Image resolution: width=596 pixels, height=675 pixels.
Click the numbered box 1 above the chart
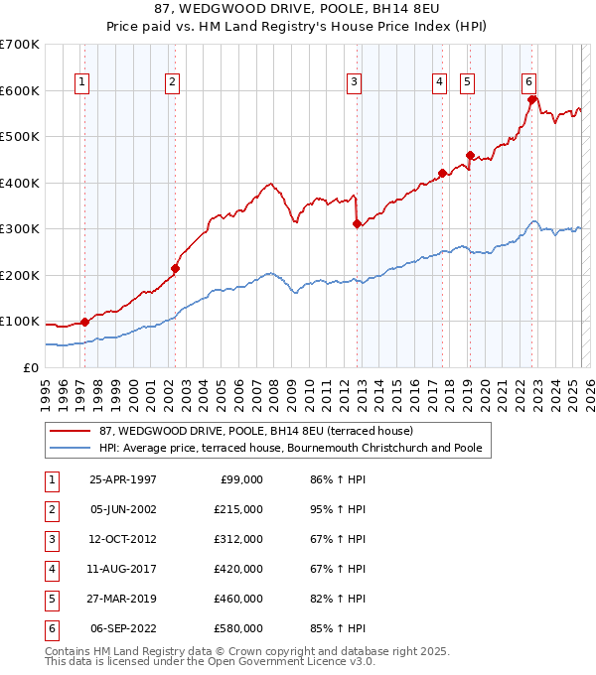pos(80,82)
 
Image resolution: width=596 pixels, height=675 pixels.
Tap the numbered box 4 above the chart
pos(439,82)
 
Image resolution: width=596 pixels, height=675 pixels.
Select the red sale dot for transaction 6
pos(532,99)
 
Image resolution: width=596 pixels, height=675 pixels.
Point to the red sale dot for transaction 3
pos(356,223)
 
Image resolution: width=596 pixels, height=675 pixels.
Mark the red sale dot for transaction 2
pos(175,268)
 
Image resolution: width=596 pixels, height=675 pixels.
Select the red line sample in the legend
pos(71,431)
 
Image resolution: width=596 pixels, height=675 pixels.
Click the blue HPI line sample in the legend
pos(71,449)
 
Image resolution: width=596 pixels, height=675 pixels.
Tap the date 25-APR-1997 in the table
pos(122,479)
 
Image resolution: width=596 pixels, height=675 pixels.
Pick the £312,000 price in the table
pos(239,539)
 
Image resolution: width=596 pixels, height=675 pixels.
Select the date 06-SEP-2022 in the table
pos(123,628)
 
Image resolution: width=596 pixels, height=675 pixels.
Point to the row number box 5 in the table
pos(51,599)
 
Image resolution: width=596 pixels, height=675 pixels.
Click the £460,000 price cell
pos(239,599)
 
